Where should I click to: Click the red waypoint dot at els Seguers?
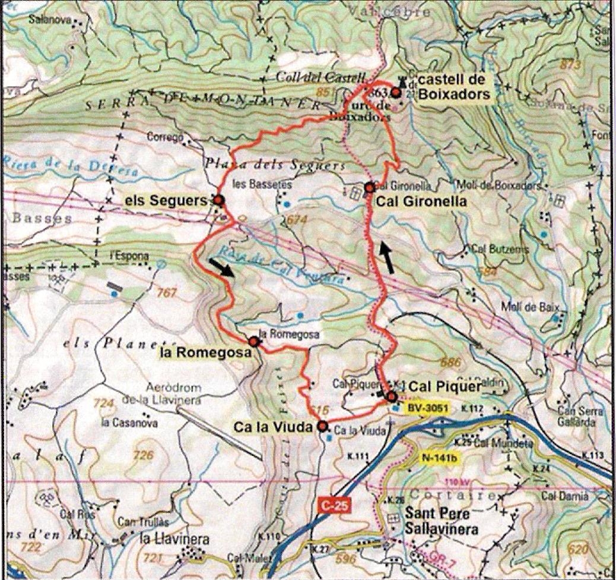click(x=218, y=200)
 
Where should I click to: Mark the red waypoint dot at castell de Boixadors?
click(x=396, y=92)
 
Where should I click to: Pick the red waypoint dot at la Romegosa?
click(x=254, y=342)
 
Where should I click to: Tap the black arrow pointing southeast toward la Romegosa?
click(x=221, y=268)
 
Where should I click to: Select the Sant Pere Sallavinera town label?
click(x=440, y=520)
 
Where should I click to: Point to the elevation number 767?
click(x=167, y=292)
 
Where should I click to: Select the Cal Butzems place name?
click(x=500, y=249)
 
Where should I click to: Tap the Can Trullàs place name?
click(x=143, y=522)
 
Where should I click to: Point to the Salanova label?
click(x=49, y=19)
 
